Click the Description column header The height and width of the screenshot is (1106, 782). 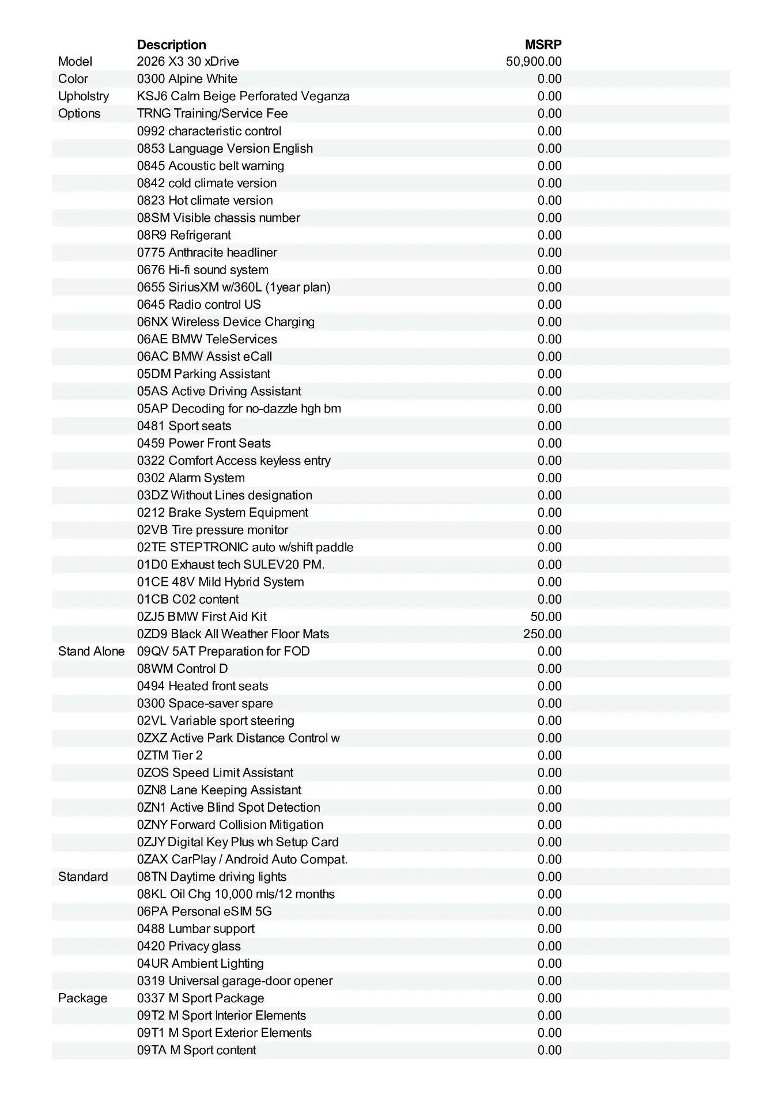171,45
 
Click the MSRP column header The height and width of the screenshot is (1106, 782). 543,45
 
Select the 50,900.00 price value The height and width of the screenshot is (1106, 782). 534,62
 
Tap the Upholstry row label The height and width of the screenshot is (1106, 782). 83,96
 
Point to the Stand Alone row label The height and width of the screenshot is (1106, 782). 91,652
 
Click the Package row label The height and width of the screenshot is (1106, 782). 82,998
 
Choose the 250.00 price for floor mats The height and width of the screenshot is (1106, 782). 542,634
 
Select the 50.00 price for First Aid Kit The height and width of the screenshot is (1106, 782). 546,617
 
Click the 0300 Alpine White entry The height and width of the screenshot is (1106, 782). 187,79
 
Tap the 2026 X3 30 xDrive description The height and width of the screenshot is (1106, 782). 188,62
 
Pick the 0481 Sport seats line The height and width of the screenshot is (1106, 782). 184,426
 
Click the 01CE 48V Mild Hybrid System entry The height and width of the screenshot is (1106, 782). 220,582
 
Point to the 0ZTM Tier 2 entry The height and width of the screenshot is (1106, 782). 169,755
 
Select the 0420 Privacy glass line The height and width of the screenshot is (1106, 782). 188,946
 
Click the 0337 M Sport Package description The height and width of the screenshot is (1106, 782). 201,998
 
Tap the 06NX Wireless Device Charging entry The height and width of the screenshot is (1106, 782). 225,322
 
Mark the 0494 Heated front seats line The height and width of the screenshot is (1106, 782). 202,686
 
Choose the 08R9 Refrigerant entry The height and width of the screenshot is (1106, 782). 184,235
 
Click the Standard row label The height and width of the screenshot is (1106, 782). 83,877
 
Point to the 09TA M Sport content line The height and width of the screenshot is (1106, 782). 197,1050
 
